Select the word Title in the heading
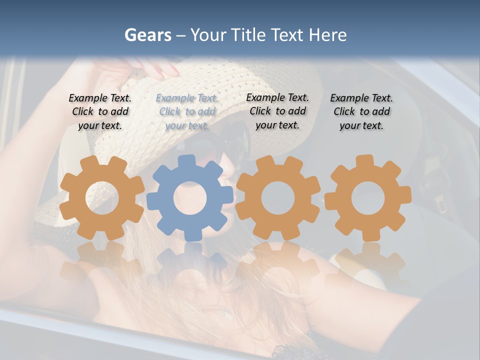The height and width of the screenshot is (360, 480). pyautogui.click(x=247, y=35)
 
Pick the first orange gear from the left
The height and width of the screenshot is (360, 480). pyautogui.click(x=102, y=198)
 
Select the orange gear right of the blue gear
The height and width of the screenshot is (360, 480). pyautogui.click(x=278, y=198)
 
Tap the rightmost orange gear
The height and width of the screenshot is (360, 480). pyautogui.click(x=367, y=198)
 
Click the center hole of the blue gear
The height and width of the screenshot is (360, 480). pyautogui.click(x=190, y=198)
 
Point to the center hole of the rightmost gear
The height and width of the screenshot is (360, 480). pyautogui.click(x=367, y=198)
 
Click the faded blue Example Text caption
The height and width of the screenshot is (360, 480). pyautogui.click(x=187, y=112)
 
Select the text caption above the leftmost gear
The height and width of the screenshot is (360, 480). pyautogui.click(x=100, y=112)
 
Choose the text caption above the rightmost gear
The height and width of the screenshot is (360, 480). pyautogui.click(x=361, y=112)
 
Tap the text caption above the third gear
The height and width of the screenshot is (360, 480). pyautogui.click(x=277, y=111)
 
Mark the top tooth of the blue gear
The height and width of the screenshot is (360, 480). pyautogui.click(x=187, y=161)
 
